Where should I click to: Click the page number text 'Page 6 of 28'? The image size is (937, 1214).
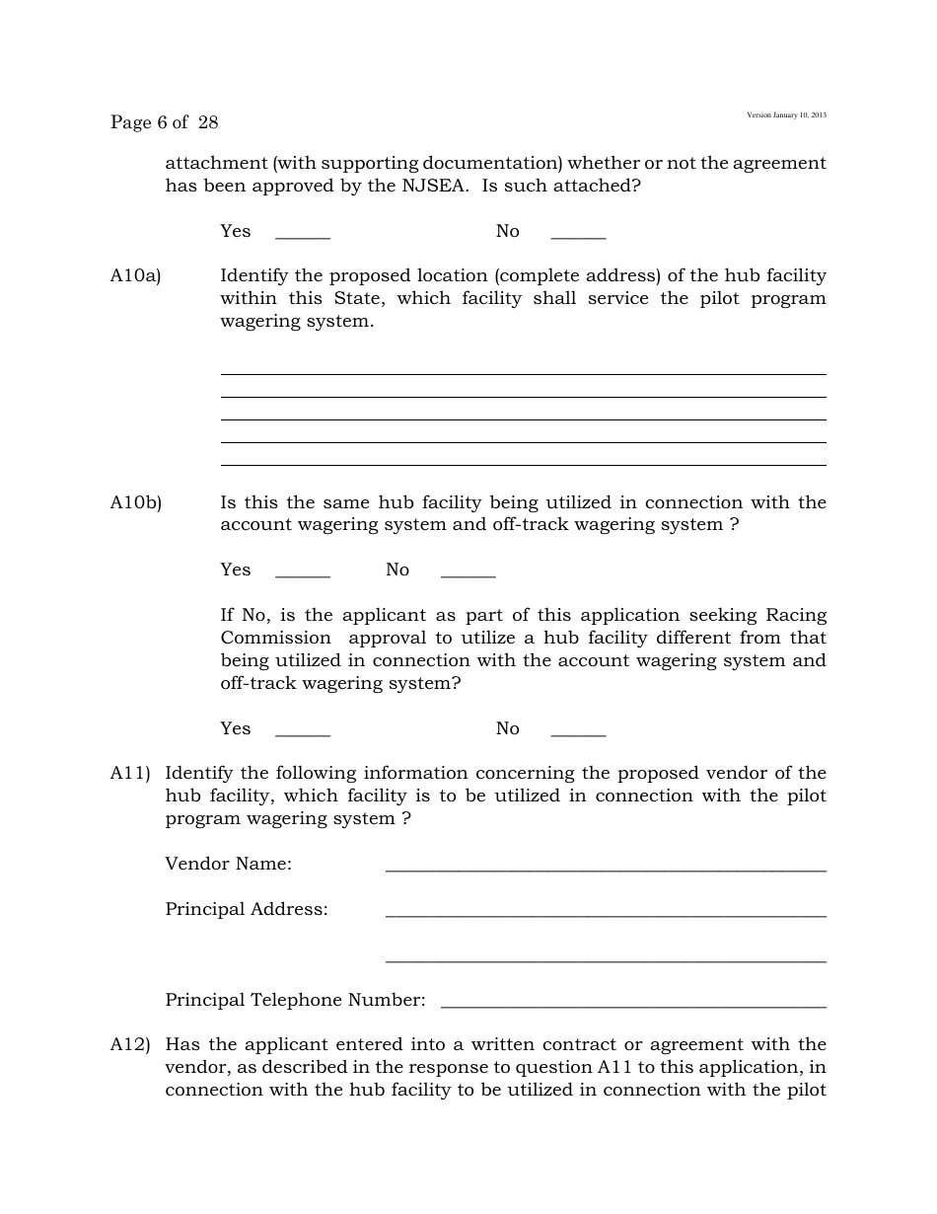pos(164,122)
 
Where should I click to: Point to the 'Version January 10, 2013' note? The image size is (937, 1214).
pos(786,115)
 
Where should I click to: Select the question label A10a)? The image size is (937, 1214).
pos(135,276)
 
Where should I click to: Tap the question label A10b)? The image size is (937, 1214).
pos(135,503)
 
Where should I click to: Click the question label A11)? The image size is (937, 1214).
pos(130,774)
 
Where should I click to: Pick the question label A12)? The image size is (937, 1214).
pos(130,1045)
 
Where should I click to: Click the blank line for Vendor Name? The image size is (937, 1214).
pos(605,869)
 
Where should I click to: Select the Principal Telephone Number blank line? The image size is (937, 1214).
pos(633,1005)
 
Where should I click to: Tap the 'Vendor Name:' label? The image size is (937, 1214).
pos(228,865)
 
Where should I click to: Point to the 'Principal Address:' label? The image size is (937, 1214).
pos(247,910)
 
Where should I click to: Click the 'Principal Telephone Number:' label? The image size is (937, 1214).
pos(295,1001)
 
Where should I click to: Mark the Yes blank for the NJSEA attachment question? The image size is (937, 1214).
pos(302,236)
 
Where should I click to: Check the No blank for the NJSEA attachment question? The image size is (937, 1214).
pos(578,236)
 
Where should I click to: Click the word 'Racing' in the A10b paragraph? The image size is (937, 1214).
pos(796,615)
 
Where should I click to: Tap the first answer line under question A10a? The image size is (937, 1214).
pos(523,373)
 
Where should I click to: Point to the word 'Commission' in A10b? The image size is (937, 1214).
pos(275,638)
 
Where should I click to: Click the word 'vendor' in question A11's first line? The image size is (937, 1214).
pos(735,774)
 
